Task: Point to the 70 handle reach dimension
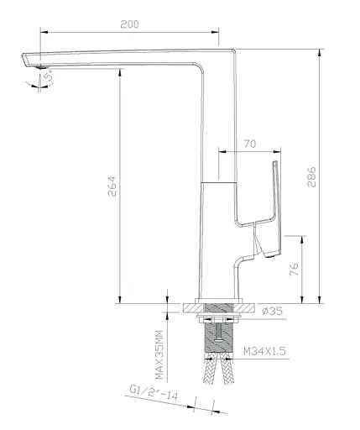pos(249,144)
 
